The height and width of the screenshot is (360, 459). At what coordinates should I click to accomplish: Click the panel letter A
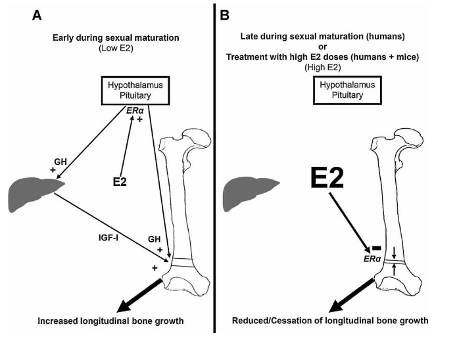[x=37, y=15]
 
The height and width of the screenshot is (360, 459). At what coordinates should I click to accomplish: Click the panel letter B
[x=224, y=15]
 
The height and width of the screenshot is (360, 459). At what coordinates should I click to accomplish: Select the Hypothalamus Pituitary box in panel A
[x=135, y=91]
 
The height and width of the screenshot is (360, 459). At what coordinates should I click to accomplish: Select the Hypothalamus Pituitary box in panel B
[x=347, y=90]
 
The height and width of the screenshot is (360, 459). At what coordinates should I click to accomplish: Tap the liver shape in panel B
[x=249, y=193]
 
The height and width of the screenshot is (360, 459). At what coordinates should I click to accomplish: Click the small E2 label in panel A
[x=120, y=182]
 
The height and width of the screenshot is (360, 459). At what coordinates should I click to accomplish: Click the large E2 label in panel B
[x=327, y=178]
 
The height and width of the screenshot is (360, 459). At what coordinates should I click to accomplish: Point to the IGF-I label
[x=109, y=238]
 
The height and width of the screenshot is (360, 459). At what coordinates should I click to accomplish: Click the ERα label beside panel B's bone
[x=372, y=259]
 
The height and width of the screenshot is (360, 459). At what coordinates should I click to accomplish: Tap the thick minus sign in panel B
[x=376, y=248]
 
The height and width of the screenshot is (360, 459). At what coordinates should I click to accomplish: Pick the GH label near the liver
[x=60, y=162]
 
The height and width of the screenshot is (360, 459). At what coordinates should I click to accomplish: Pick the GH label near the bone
[x=155, y=239]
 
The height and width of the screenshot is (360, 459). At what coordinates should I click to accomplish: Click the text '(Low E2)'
[x=116, y=48]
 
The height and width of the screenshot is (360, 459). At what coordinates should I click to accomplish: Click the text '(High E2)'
[x=323, y=68]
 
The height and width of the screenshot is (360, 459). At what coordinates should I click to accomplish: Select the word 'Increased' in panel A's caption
[x=57, y=321]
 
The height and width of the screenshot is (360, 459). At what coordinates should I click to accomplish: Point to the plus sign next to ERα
[x=140, y=120]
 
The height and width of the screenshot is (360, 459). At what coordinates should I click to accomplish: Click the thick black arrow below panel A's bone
[x=139, y=296]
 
